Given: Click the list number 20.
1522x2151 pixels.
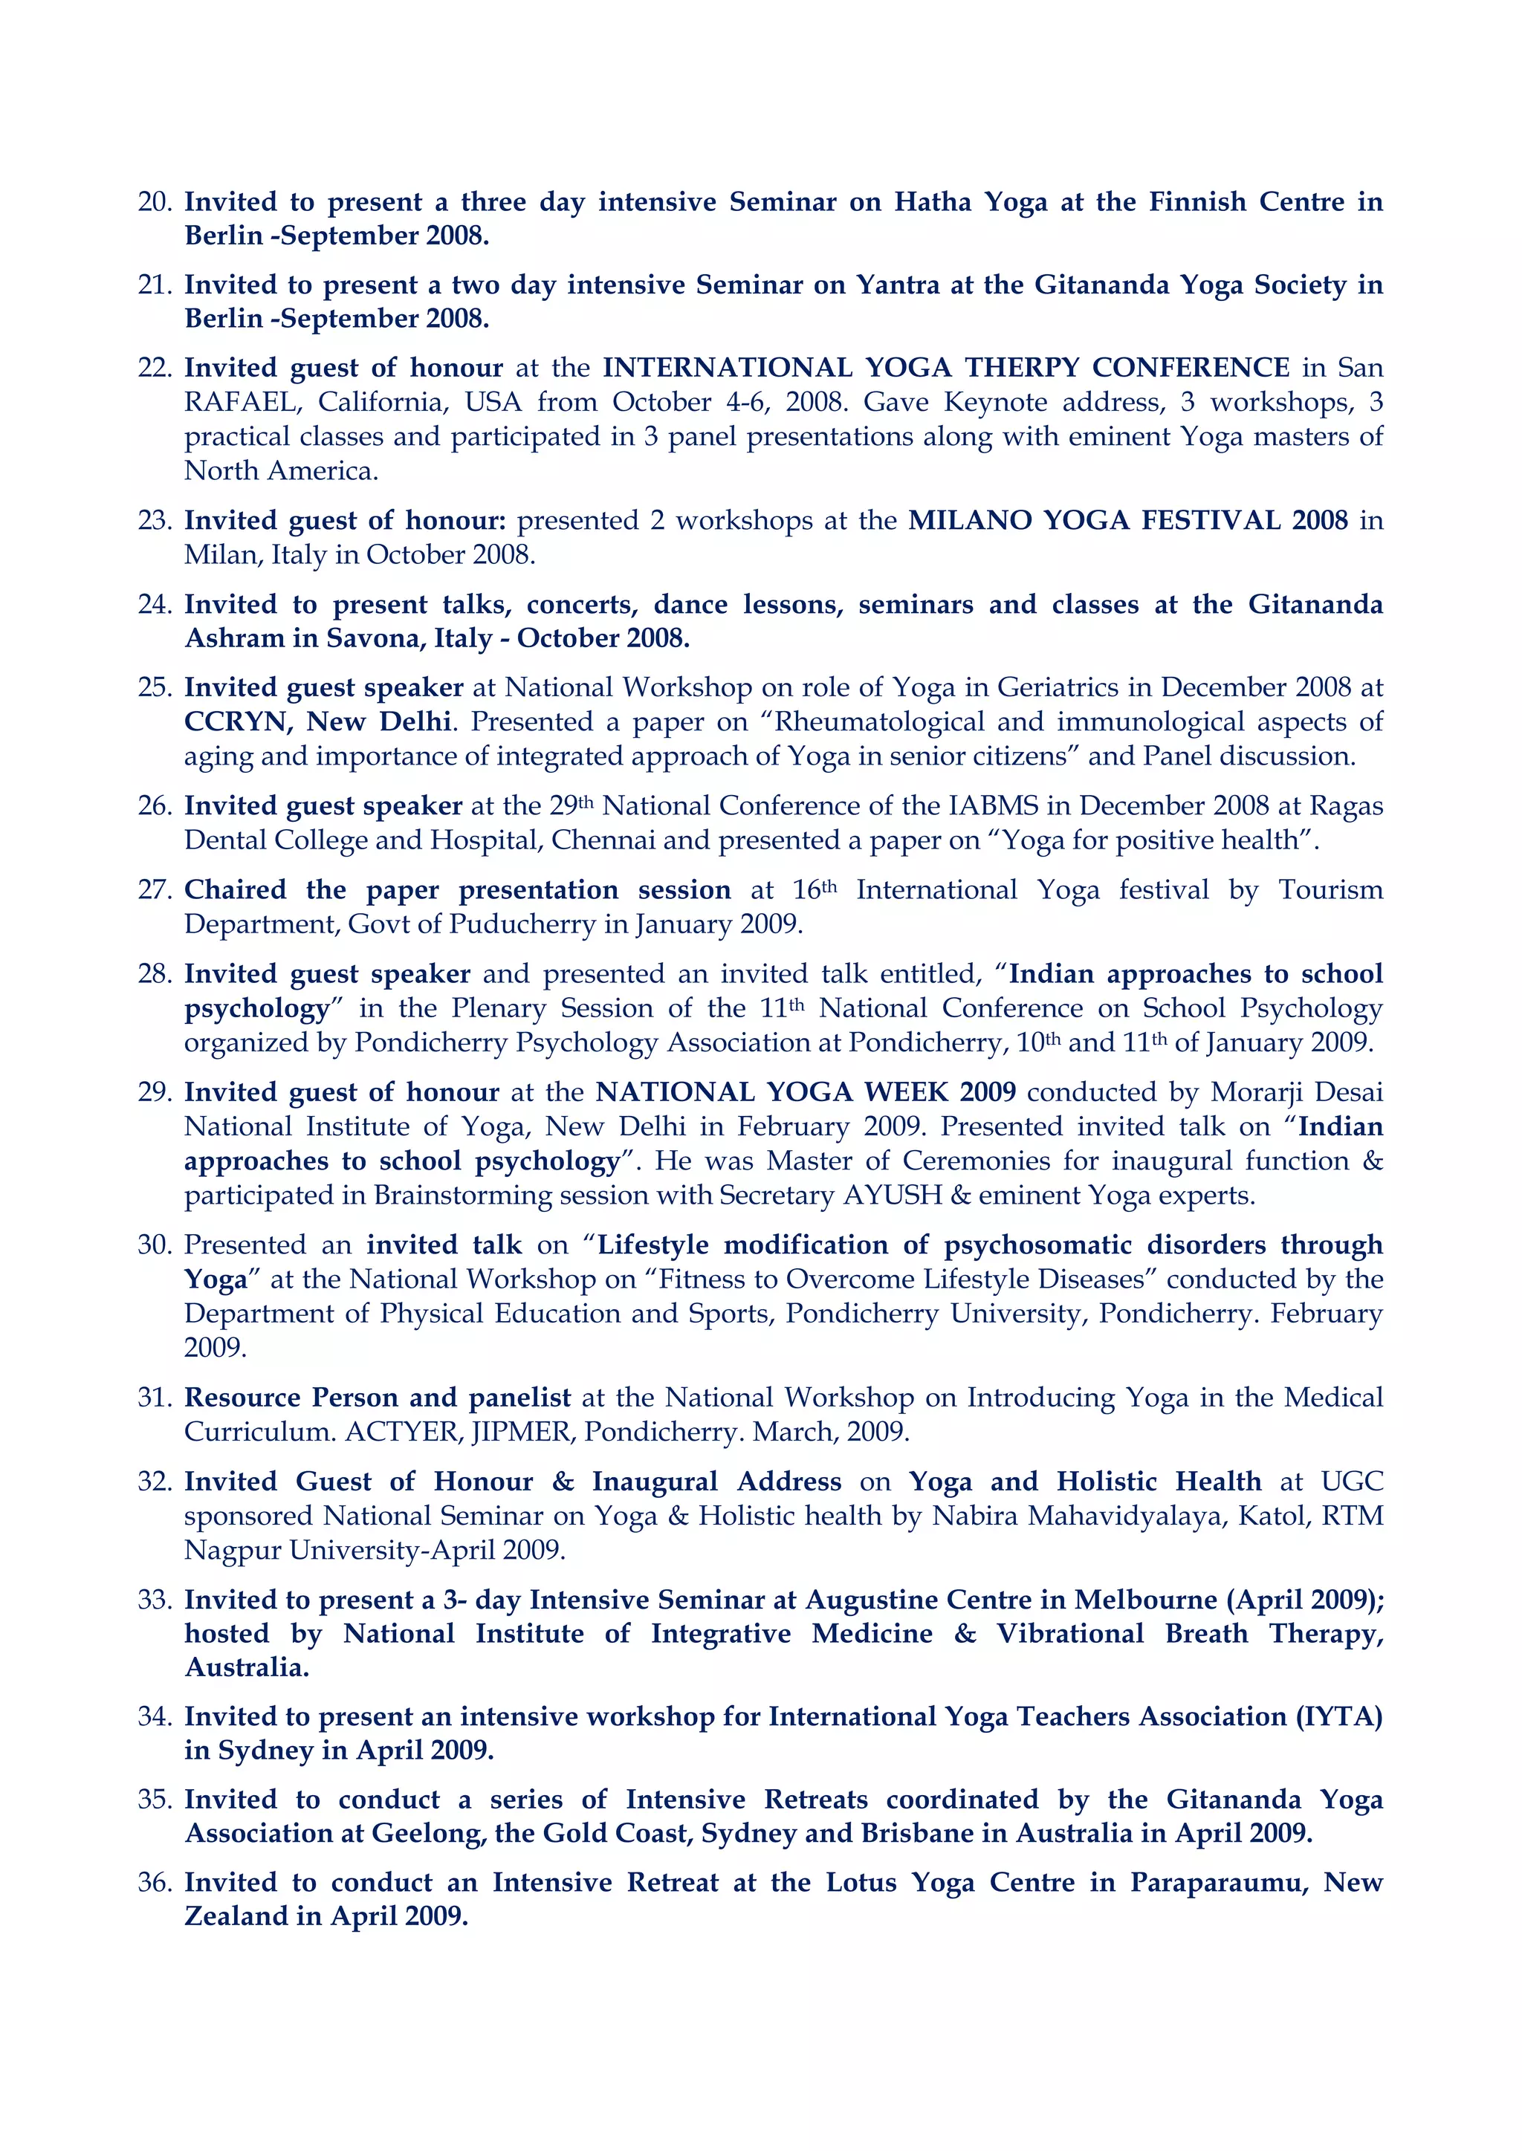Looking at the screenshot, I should click(x=154, y=202).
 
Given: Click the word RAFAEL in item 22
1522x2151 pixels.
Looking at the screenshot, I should click(x=243, y=402).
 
